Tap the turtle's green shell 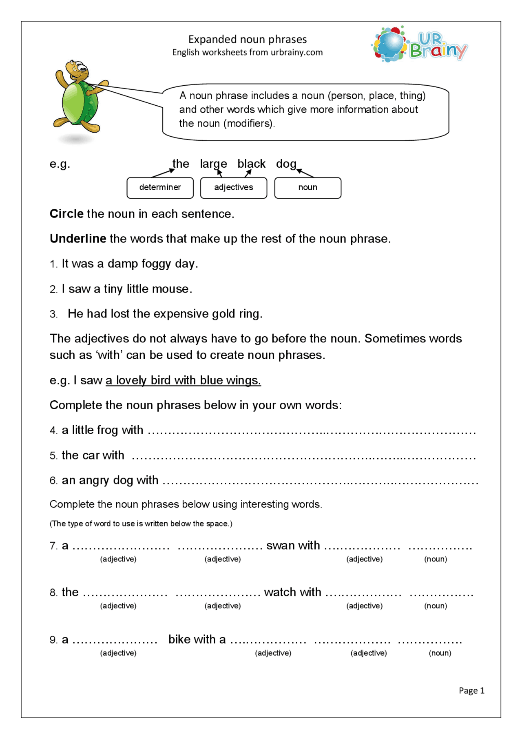coord(79,103)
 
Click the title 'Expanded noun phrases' coord(247,40)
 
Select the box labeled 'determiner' coord(160,188)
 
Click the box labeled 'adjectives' coord(233,188)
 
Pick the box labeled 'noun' coord(307,188)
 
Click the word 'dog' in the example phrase coord(286,164)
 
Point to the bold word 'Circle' coord(66,214)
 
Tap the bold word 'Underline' coord(78,239)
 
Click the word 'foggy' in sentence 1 coord(156,264)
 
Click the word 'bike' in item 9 coord(179,639)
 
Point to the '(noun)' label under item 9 coord(440,653)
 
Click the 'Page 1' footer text coord(471,690)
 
